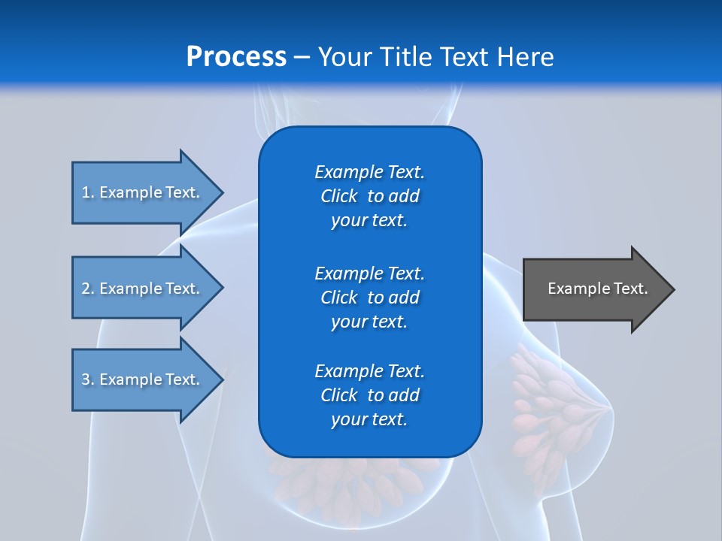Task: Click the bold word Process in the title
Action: pyautogui.click(x=236, y=57)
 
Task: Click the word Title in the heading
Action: pyautogui.click(x=407, y=57)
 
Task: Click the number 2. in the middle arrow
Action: pyautogui.click(x=87, y=289)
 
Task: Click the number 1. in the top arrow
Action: pyautogui.click(x=87, y=192)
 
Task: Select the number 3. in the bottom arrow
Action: pyautogui.click(x=87, y=379)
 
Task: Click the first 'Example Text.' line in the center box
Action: pyautogui.click(x=369, y=172)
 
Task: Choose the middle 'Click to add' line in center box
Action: pyautogui.click(x=369, y=298)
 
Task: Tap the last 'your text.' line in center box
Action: pyautogui.click(x=369, y=420)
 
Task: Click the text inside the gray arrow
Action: pyautogui.click(x=597, y=289)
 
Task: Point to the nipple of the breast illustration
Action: pyautogui.click(x=608, y=408)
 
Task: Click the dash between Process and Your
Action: pyautogui.click(x=302, y=58)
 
